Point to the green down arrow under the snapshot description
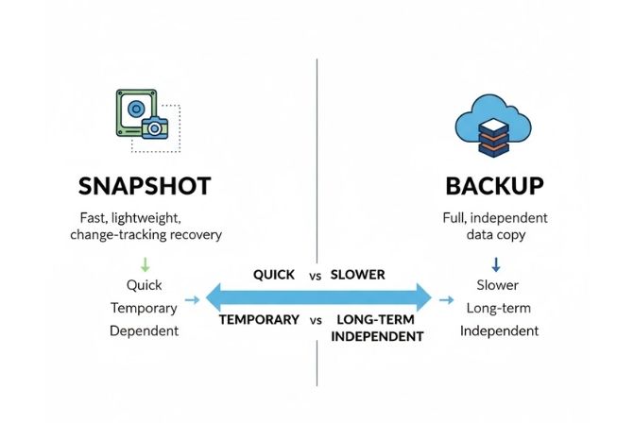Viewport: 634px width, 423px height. pyautogui.click(x=144, y=264)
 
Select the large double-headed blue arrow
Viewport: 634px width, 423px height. pyautogui.click(x=317, y=297)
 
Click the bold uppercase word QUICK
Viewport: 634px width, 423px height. pyautogui.click(x=274, y=275)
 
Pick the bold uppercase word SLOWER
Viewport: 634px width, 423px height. pyautogui.click(x=359, y=275)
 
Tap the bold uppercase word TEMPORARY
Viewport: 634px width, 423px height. pyautogui.click(x=260, y=320)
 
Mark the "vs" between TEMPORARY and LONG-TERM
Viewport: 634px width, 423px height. pyautogui.click(x=316, y=320)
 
